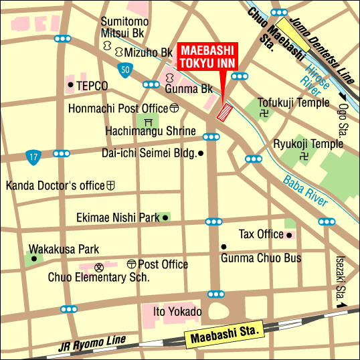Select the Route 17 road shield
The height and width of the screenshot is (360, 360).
click(x=33, y=157)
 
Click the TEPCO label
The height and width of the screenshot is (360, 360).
click(x=92, y=86)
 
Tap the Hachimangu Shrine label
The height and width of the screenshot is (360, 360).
click(x=151, y=131)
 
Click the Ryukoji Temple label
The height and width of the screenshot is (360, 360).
click(x=308, y=144)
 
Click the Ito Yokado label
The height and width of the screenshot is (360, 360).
click(x=177, y=312)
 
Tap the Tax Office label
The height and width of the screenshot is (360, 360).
click(x=261, y=234)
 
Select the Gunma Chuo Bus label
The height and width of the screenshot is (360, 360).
click(x=261, y=258)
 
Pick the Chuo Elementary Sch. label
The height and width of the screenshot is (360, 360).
click(x=98, y=277)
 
